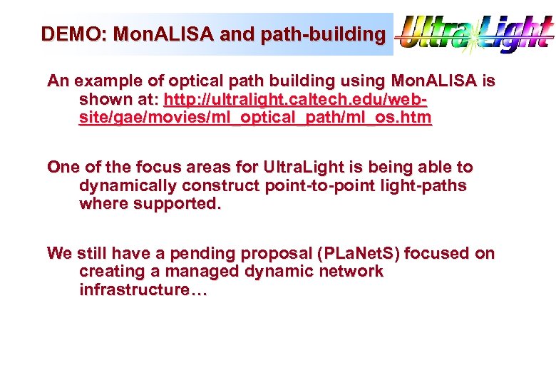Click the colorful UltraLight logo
[x=474, y=34]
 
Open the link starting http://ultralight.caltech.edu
[x=295, y=99]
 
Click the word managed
[x=197, y=272]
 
